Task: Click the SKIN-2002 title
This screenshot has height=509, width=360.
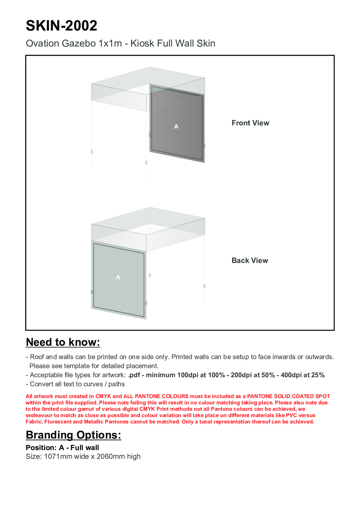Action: click(x=61, y=26)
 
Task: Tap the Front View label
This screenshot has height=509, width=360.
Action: click(x=250, y=123)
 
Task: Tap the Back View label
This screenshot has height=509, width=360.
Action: click(x=250, y=261)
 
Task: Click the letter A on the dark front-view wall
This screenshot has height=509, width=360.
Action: click(x=176, y=127)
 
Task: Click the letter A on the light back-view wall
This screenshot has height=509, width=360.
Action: click(x=118, y=277)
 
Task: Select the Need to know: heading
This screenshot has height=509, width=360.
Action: click(x=63, y=342)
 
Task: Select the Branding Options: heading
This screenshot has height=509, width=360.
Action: click(x=73, y=435)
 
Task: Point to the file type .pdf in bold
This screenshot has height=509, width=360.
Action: click(x=134, y=375)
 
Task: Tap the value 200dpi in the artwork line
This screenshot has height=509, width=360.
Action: click(x=241, y=375)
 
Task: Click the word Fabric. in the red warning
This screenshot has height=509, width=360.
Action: click(x=34, y=422)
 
